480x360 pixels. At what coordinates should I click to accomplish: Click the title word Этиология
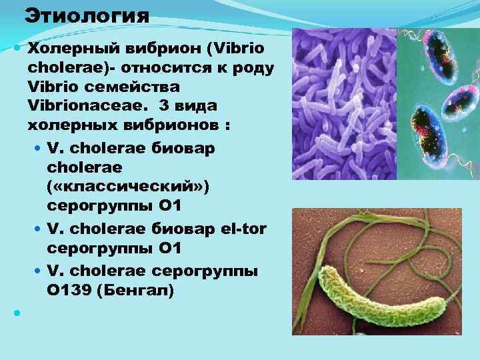point(87,15)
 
